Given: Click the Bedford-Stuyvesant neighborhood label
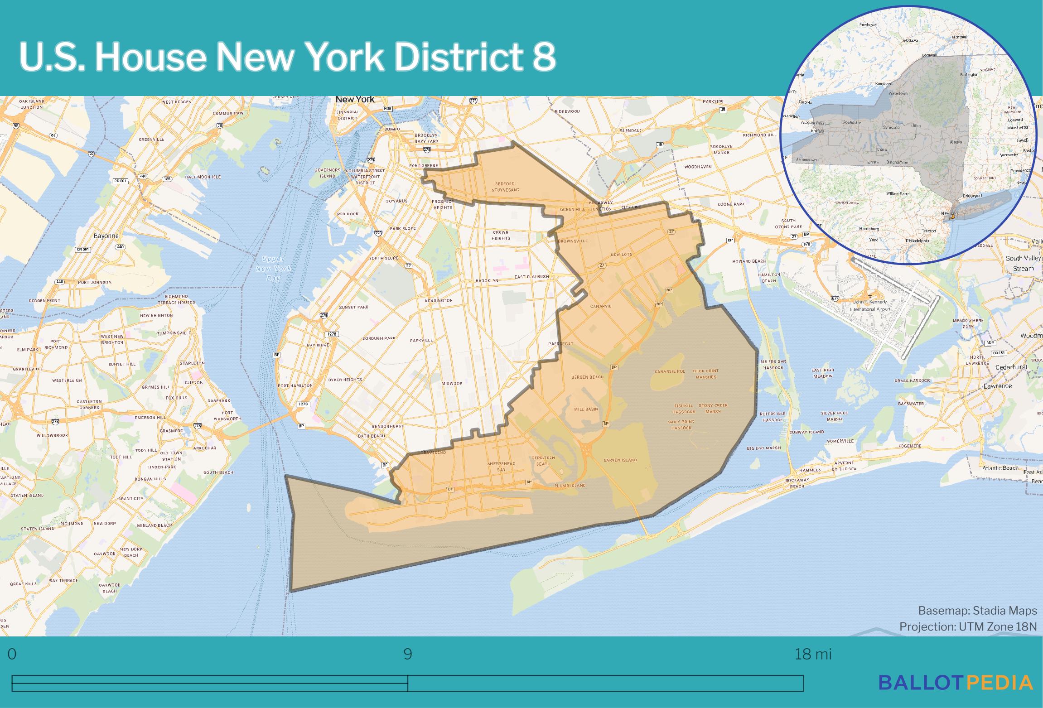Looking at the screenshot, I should (x=503, y=187).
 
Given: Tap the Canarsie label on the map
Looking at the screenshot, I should (x=601, y=306).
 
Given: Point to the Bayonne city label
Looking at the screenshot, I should (x=106, y=236).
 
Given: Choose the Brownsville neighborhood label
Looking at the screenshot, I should (x=573, y=241).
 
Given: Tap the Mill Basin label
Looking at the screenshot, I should (x=586, y=409).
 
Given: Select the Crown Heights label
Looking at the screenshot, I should (x=501, y=235).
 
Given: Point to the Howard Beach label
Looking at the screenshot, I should (x=749, y=261).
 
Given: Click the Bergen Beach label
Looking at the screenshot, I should (x=587, y=377).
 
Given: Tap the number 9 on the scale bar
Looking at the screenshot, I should (x=408, y=655).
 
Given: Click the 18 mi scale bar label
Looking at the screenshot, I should (x=813, y=655).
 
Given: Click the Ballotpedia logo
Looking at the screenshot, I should (x=956, y=682).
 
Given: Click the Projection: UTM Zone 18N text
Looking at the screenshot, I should (x=968, y=626).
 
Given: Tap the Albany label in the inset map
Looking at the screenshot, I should (x=956, y=142).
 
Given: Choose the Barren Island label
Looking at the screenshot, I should (x=620, y=460).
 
